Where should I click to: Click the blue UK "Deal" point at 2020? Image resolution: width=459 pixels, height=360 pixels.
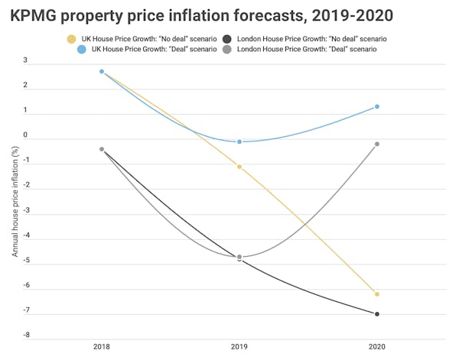tap(377, 107)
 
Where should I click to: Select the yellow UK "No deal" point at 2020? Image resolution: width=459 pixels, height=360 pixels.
tap(377, 294)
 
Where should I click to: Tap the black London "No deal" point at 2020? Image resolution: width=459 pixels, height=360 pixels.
tap(377, 314)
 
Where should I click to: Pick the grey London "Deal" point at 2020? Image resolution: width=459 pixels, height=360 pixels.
tap(377, 144)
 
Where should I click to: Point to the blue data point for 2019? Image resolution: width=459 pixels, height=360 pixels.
tap(239, 141)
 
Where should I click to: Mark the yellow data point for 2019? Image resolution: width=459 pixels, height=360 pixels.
tap(239, 167)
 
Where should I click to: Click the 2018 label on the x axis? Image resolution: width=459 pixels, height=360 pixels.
tap(101, 347)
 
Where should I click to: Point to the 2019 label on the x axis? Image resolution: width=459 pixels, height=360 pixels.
tap(239, 347)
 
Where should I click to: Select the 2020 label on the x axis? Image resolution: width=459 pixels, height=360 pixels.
tap(377, 347)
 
